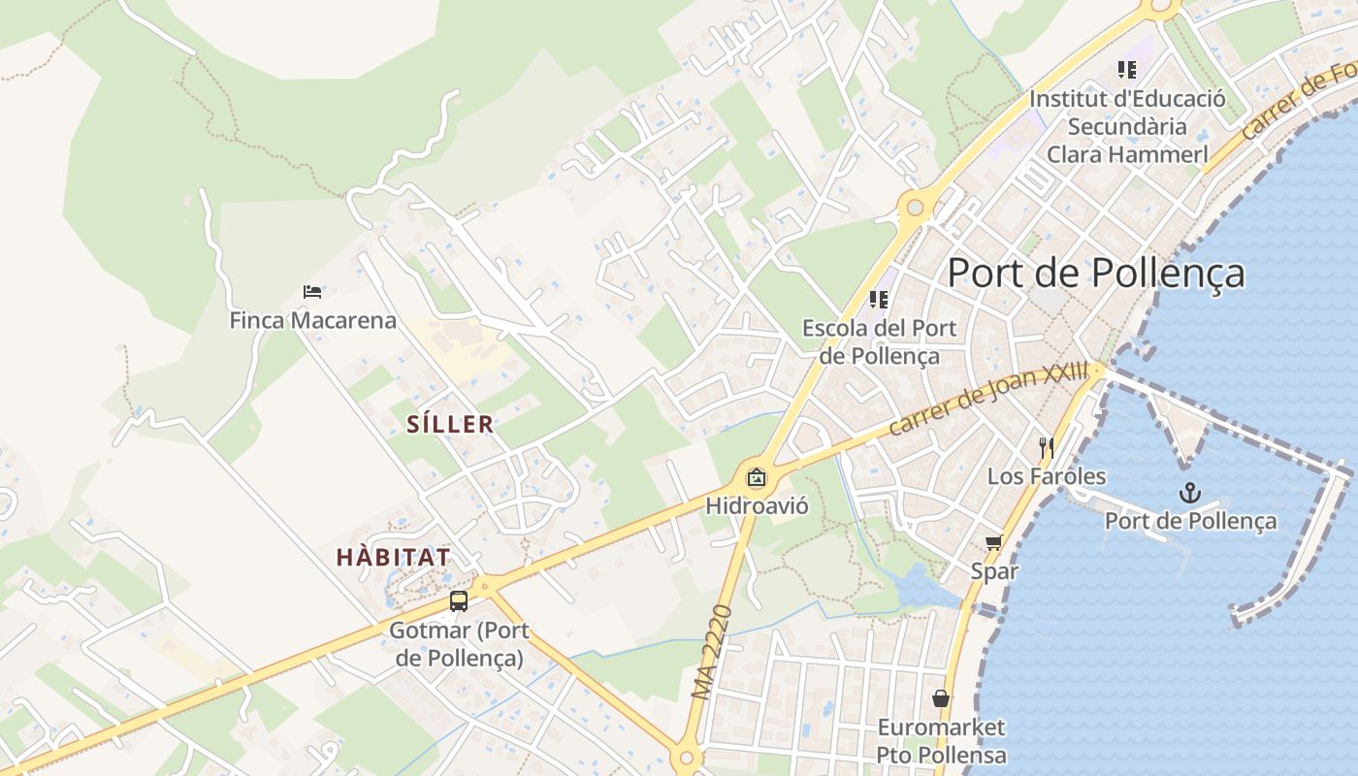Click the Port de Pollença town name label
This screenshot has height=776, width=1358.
(1095, 273)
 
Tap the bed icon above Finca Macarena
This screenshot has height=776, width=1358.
(312, 291)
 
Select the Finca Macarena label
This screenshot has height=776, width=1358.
(312, 320)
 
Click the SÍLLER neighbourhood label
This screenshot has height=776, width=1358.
(450, 424)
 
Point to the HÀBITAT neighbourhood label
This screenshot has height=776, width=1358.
(393, 557)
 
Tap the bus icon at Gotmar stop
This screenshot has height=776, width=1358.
(459, 601)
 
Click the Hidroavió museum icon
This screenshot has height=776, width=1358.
(757, 477)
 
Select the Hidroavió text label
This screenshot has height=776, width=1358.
(757, 505)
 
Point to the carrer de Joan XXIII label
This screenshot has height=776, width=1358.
(988, 399)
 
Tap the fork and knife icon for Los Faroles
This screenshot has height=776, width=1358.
(1046, 447)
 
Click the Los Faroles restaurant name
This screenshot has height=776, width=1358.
(1046, 476)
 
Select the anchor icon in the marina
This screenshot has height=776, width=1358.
(1189, 493)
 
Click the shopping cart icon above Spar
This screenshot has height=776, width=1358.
(993, 542)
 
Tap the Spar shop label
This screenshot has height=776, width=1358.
(994, 570)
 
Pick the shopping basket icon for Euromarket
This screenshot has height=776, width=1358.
(940, 698)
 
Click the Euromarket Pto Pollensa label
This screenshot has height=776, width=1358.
(940, 741)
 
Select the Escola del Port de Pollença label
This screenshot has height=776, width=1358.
(879, 341)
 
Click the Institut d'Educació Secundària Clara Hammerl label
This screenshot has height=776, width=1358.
(1126, 126)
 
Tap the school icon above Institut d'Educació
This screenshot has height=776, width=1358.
(1126, 70)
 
